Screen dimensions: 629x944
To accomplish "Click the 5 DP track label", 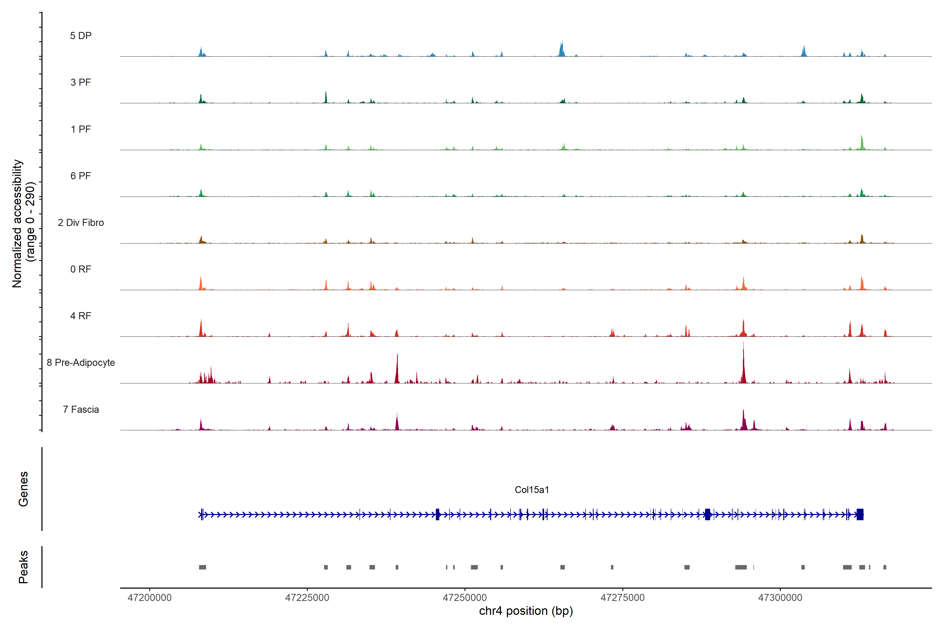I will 81,36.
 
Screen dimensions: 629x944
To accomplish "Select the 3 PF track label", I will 81,82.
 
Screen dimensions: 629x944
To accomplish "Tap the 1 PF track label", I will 81,129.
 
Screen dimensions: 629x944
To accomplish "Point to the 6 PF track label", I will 81,176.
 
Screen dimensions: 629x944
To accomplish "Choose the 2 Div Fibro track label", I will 81,223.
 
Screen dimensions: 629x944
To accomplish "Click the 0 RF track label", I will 81,269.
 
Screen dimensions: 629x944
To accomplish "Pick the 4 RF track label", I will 81,316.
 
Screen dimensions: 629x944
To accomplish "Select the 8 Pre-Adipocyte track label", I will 81,363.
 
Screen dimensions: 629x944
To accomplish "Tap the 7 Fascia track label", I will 81,409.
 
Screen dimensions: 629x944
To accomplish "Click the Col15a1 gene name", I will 532,490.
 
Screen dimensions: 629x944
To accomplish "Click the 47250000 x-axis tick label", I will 465,598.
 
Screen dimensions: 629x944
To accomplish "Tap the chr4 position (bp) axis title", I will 526,611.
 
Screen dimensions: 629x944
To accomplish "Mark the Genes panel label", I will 23,489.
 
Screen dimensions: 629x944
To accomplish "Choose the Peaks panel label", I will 23,567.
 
